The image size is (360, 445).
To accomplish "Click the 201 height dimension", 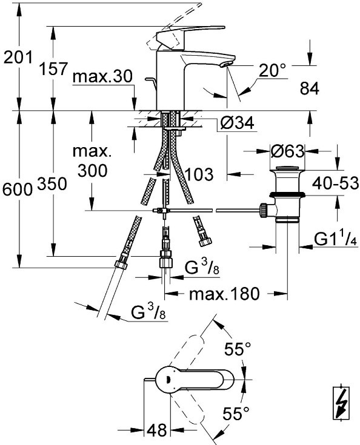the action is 18,58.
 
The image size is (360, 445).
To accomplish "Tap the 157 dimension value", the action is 53,68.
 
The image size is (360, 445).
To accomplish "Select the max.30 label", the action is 102,76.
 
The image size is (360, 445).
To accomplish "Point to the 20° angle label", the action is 272,70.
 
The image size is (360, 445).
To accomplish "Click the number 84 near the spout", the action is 310,88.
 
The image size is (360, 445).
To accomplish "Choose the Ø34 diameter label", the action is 237,123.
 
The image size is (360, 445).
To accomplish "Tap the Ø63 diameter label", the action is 287,151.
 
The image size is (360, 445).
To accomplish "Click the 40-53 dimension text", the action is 335,183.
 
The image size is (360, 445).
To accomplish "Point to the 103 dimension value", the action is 199,174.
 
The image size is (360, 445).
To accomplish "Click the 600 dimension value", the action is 18,190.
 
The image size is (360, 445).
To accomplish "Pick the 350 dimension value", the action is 52,183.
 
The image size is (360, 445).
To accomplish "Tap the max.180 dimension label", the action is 224,294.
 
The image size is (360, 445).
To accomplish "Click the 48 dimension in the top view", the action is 156,430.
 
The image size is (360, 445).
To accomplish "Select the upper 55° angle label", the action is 238,349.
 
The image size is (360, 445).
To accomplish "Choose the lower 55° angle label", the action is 236,413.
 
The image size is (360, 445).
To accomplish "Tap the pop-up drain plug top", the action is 287,168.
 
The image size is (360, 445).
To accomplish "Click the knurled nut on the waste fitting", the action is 264,211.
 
